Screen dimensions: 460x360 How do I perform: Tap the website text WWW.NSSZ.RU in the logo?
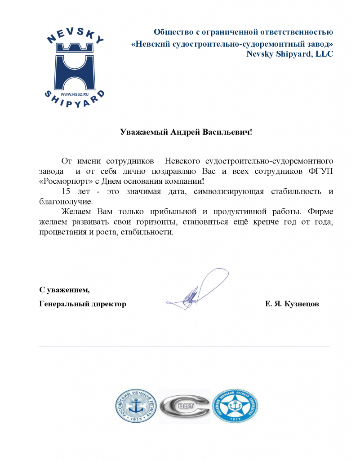74,94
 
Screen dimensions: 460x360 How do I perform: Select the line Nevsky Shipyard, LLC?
290,54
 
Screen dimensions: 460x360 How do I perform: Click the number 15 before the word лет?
66,191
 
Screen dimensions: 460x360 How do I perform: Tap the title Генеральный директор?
83,304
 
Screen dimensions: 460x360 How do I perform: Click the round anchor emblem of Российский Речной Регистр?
136,406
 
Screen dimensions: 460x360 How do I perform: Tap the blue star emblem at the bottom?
236,406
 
